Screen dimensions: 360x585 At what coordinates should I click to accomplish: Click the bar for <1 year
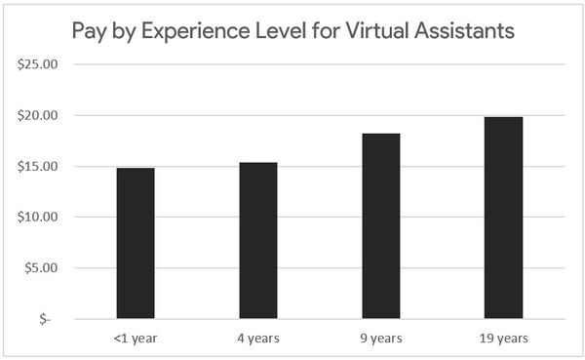[x=136, y=243]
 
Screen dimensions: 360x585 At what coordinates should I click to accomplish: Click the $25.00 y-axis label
[x=38, y=65]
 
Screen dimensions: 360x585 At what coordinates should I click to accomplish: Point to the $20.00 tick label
[x=38, y=116]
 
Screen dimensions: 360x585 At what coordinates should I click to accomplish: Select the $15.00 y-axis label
[x=38, y=167]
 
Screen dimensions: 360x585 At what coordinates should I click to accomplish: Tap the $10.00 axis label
[x=38, y=218]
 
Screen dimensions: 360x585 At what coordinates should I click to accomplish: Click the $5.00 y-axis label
[x=41, y=268]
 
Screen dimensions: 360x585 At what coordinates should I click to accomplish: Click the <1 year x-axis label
[x=136, y=339]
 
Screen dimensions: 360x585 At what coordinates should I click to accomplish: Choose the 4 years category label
[x=258, y=339]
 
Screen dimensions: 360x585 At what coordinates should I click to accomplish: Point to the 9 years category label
[x=381, y=339]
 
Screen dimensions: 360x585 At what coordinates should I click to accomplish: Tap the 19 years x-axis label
[x=504, y=339]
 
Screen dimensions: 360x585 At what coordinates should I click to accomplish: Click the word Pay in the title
[x=93, y=32]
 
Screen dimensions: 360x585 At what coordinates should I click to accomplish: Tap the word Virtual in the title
[x=375, y=31]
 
